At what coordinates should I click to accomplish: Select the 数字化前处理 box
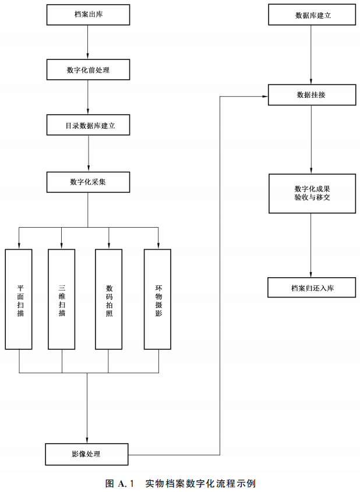pyautogui.click(x=88, y=70)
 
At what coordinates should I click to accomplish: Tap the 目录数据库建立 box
pyautogui.click(x=88, y=125)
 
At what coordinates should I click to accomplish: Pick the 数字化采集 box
pyautogui.click(x=88, y=182)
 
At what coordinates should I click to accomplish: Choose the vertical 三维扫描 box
pyautogui.click(x=62, y=299)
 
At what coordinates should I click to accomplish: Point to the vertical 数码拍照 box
pyautogui.click(x=109, y=299)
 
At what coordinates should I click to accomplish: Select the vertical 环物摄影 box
pyautogui.click(x=158, y=299)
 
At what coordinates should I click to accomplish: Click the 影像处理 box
pyautogui.click(x=87, y=454)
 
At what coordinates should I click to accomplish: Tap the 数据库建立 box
pyautogui.click(x=312, y=16)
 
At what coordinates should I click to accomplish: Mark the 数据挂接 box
pyautogui.click(x=312, y=95)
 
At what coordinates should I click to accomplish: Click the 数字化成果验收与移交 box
pyautogui.click(x=312, y=193)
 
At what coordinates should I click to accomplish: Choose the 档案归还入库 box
pyautogui.click(x=312, y=288)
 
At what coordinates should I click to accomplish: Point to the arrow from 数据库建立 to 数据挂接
pyautogui.click(x=312, y=55)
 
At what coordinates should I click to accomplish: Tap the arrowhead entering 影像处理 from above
pyautogui.click(x=87, y=440)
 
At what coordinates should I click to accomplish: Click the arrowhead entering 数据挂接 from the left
pyautogui.click(x=264, y=95)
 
